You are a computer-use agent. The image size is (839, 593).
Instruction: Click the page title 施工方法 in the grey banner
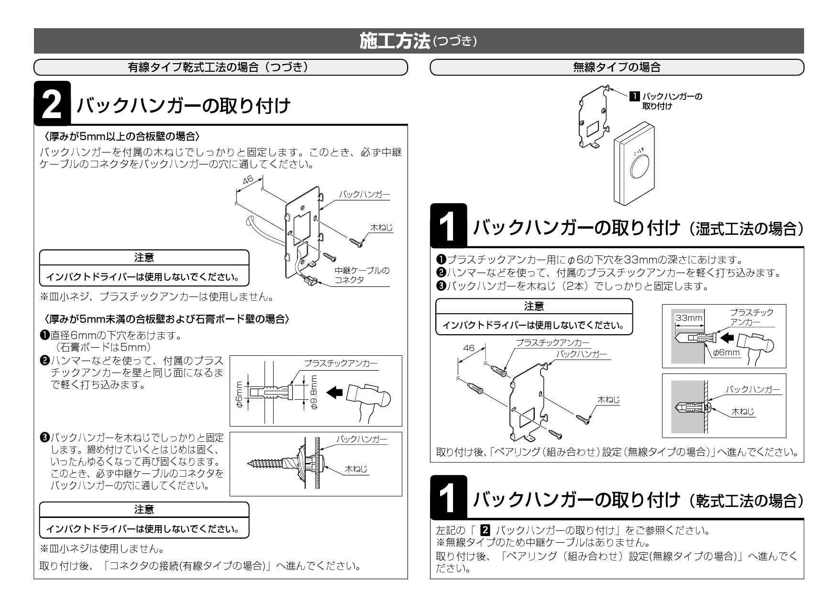(x=395, y=41)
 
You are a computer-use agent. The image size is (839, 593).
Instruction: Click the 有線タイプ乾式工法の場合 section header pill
(x=221, y=67)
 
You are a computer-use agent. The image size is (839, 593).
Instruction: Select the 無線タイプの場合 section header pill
(x=617, y=67)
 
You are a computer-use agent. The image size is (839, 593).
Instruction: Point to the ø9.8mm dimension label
(x=314, y=391)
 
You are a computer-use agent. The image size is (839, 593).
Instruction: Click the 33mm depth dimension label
(x=689, y=318)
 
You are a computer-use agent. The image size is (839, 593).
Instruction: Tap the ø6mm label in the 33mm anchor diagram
(x=726, y=352)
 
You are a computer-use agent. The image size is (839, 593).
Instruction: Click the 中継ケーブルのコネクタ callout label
(x=362, y=275)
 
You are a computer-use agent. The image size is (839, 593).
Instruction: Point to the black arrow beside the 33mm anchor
(x=727, y=338)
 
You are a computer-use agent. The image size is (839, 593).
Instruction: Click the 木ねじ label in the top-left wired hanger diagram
(x=381, y=228)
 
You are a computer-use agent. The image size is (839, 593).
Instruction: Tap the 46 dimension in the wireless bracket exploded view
(x=469, y=348)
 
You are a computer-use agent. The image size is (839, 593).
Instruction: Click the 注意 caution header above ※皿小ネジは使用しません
(x=144, y=509)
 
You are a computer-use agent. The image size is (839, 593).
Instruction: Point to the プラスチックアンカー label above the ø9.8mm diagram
(x=341, y=363)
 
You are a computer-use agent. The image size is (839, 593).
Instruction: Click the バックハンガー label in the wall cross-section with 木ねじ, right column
(x=752, y=389)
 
